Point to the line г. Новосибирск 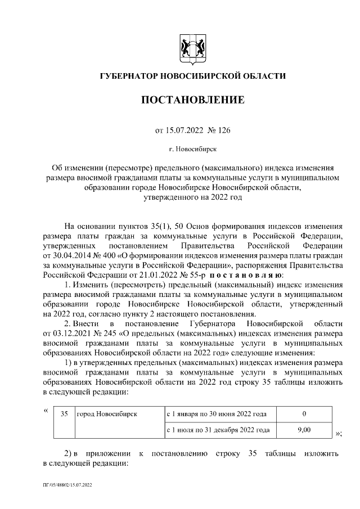pos(192,150)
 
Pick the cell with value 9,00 pos(304,430)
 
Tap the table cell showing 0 pos(304,413)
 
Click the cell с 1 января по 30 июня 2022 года pos(216,413)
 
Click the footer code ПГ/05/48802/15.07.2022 pos(67,484)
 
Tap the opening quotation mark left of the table pos(46,410)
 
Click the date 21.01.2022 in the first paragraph pos(148,275)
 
